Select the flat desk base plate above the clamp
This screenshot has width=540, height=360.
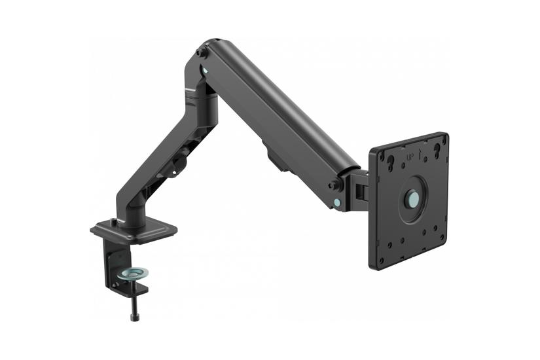pos(134,231)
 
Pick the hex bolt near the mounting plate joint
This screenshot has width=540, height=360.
pos(334,184)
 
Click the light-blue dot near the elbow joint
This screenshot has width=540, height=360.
pos(207,67)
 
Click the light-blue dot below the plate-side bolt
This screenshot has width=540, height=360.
pos(337,203)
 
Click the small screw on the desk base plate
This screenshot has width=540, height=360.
pos(115,222)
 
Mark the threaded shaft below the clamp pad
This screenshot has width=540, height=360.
pos(135,301)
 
